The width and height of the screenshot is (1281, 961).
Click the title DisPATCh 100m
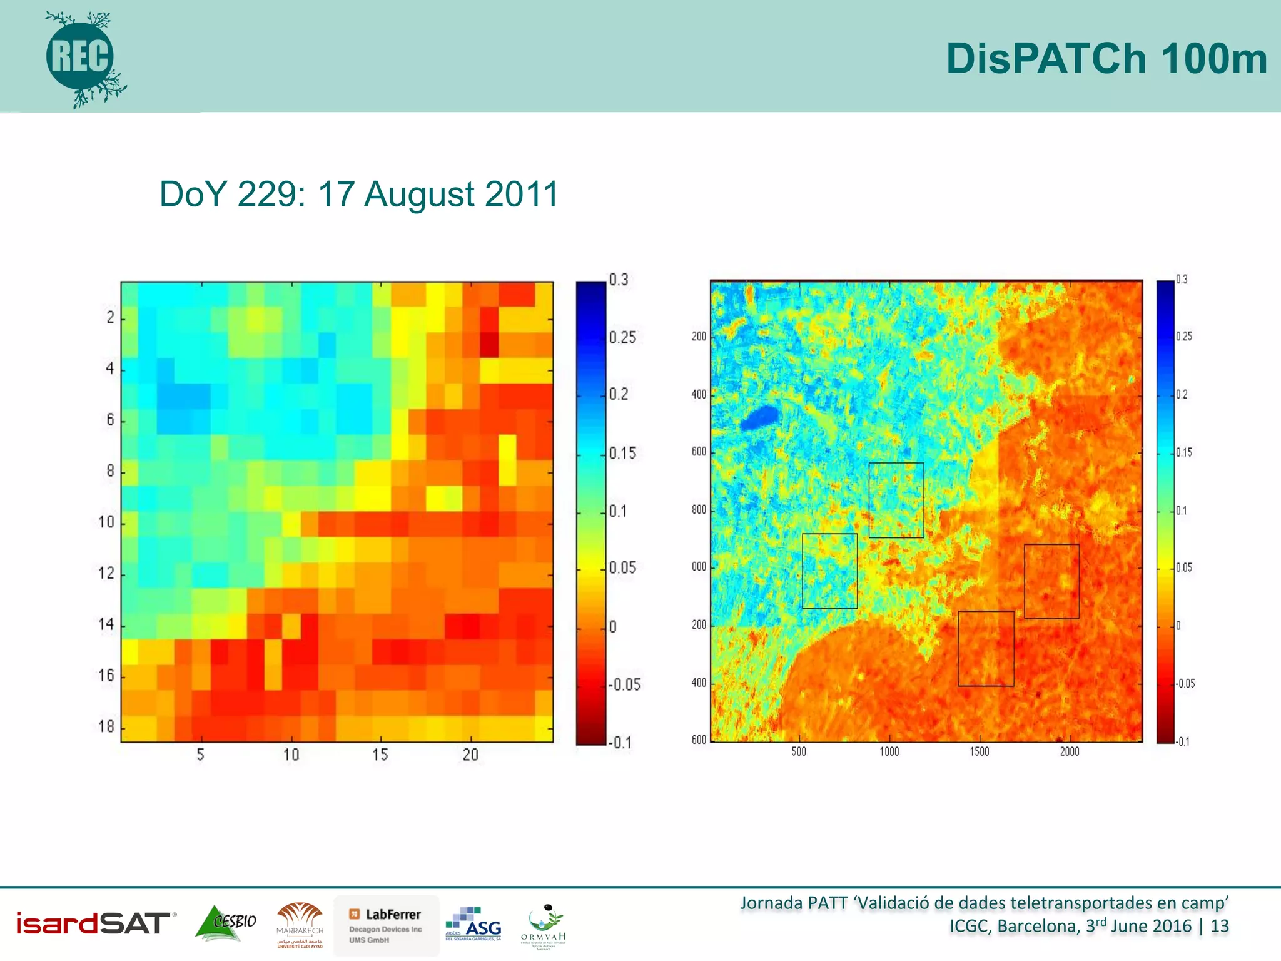tap(1106, 59)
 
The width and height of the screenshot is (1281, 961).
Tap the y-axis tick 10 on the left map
tap(107, 522)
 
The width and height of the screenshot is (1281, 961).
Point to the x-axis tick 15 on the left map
tap(380, 755)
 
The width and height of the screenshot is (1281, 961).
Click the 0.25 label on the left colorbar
tap(622, 338)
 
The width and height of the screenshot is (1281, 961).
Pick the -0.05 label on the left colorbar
tap(625, 684)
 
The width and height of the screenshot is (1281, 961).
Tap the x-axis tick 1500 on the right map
tap(980, 751)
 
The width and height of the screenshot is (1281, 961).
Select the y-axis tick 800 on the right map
tap(699, 509)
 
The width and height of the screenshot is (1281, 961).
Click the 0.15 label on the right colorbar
tap(1184, 452)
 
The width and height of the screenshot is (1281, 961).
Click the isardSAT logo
tap(94, 923)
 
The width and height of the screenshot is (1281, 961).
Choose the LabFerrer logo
tap(387, 925)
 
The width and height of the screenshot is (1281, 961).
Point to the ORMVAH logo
tap(543, 926)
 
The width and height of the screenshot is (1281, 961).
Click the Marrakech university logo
tap(300, 925)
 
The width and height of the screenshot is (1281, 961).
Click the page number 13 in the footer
tap(1219, 926)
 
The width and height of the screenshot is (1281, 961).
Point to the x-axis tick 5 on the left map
tap(200, 755)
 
